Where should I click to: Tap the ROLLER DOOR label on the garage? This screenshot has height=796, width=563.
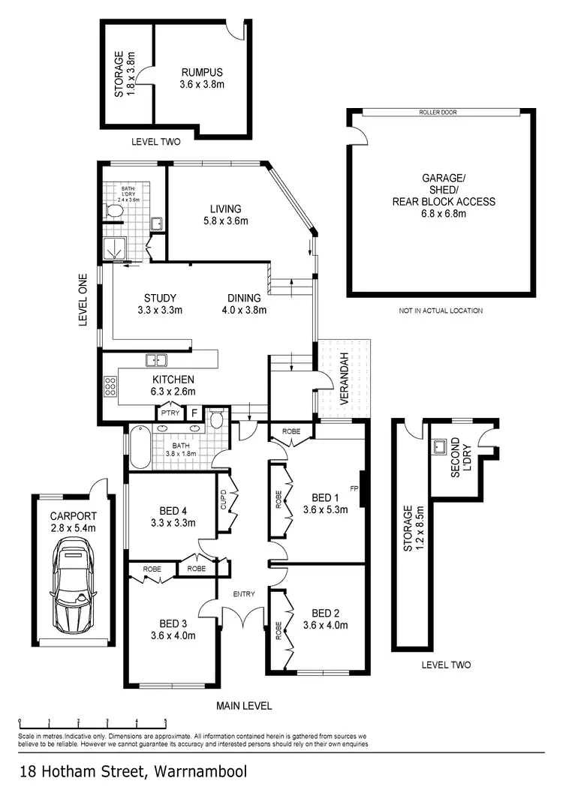coord(439,113)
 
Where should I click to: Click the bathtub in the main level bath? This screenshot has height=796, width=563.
coord(140,449)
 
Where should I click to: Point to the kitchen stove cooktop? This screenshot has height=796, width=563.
coord(110,386)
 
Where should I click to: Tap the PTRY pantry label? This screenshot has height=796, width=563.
coord(167,413)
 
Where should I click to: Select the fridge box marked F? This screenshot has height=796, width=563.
coord(193,413)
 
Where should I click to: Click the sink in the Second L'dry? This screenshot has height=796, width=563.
coord(439,448)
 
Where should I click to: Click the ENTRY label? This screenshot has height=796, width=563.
coord(244,594)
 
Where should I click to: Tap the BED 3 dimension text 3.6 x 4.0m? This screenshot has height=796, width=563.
coord(173,635)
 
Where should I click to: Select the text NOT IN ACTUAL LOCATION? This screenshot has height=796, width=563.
coord(441,311)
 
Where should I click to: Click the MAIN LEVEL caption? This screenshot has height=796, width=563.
coord(244,705)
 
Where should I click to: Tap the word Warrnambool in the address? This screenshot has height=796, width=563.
coord(200,771)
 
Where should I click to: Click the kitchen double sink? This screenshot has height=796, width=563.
coord(156,359)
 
